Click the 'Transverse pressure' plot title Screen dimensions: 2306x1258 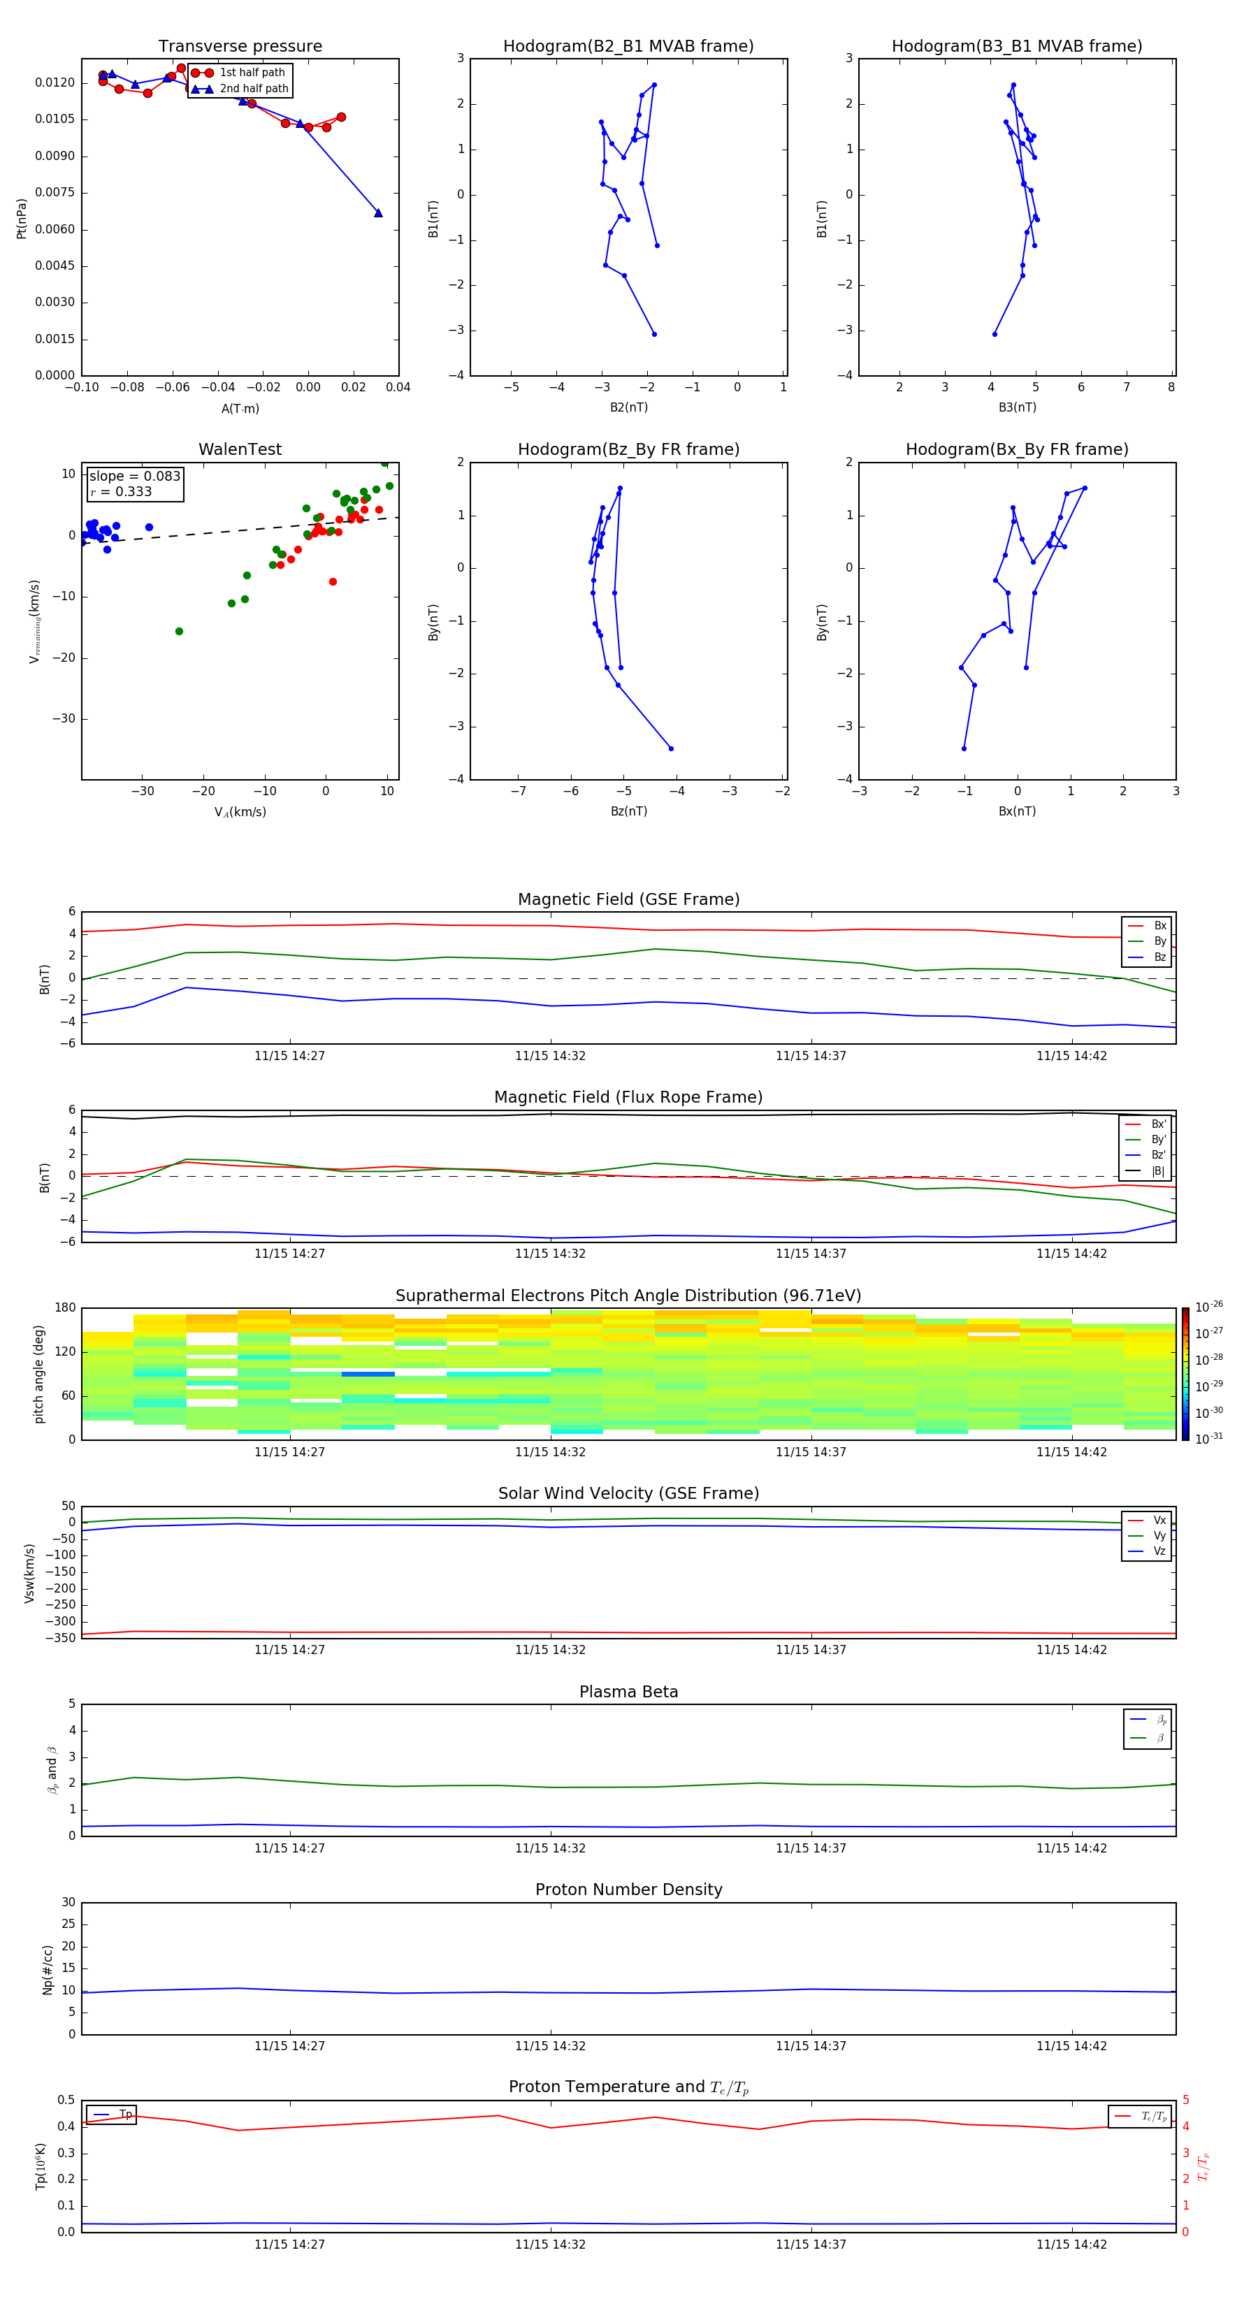click(240, 47)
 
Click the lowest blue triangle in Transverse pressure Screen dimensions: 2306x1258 click(378, 213)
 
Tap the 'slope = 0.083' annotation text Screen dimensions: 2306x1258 click(134, 477)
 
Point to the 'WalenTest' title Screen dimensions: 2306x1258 click(240, 449)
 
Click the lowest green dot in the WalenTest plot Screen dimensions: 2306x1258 click(179, 631)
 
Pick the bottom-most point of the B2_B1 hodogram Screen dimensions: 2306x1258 click(655, 334)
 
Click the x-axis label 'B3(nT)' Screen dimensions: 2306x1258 click(1017, 407)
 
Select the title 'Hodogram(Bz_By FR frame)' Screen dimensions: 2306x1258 click(628, 449)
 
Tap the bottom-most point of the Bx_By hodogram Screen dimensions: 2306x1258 click(964, 748)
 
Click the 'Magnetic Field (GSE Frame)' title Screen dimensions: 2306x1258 click(628, 899)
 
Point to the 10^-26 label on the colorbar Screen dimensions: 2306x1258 click(1209, 1307)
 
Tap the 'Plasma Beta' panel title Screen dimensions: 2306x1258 click(628, 1692)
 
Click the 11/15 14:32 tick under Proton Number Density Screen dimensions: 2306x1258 click(550, 2045)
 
